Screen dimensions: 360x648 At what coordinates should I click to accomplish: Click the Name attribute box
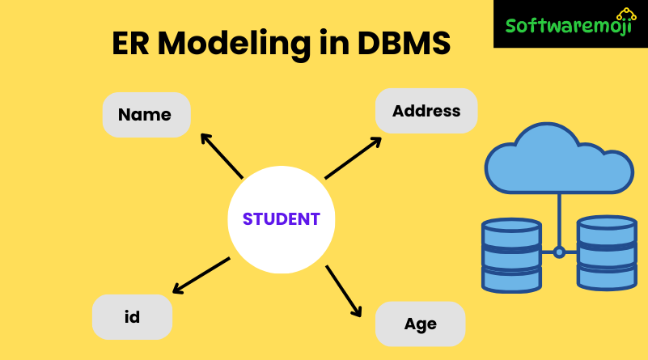[146, 115]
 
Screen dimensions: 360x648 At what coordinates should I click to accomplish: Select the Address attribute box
[426, 111]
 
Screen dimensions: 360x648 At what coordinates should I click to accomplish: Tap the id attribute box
[133, 317]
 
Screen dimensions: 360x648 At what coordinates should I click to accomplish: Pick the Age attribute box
[420, 324]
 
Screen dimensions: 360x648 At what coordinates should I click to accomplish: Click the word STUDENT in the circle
[281, 218]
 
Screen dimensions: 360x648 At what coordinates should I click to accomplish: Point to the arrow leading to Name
[221, 155]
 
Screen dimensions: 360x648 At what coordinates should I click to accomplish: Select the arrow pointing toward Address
[353, 158]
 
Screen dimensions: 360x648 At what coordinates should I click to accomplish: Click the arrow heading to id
[201, 275]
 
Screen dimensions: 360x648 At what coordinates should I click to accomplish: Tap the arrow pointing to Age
[343, 289]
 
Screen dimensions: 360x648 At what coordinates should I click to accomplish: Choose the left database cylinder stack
[511, 255]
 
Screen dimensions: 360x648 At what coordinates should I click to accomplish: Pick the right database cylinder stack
[607, 252]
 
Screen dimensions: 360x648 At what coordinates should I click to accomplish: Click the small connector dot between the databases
[559, 252]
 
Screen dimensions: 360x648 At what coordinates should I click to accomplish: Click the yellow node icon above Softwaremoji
[625, 14]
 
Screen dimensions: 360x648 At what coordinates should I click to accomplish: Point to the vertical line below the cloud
[559, 218]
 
